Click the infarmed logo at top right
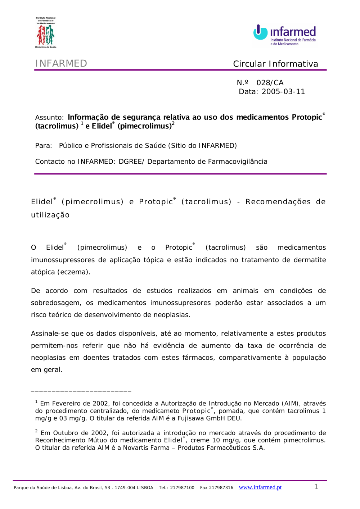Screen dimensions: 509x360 coord(284,35)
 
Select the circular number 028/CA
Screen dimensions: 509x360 coord(270,83)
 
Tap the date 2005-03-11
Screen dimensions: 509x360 coord(283,92)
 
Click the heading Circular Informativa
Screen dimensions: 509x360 coord(275,64)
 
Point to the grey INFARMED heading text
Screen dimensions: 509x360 coord(61,64)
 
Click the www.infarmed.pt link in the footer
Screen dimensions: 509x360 coord(260,487)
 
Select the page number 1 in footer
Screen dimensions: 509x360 coord(316,487)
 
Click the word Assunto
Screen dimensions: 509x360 coord(49,118)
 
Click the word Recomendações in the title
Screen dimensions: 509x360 coord(278,202)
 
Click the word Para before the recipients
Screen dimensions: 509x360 coord(43,146)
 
